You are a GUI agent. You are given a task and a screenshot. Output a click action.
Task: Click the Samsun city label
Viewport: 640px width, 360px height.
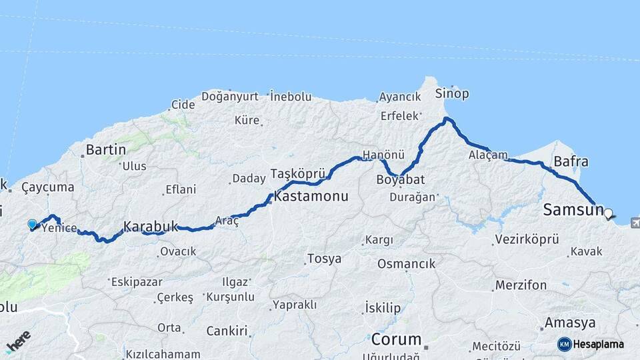572,209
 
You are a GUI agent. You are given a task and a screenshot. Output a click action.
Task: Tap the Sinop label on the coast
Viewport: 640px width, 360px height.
452,93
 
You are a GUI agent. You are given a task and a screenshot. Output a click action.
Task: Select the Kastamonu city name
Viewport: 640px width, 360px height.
311,197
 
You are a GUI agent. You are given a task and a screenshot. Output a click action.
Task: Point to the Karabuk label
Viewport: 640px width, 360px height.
151,227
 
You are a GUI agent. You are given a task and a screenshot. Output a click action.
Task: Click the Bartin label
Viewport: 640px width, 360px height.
106,149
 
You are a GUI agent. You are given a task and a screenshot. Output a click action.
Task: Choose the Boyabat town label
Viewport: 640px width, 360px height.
400,180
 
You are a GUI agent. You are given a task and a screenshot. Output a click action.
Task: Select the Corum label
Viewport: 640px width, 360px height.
396,339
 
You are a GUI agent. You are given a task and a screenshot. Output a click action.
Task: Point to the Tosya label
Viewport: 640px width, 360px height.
324,259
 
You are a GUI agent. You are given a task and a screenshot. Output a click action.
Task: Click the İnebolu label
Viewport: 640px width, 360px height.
291,97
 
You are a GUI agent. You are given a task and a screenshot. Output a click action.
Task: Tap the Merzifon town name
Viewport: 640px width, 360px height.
521,285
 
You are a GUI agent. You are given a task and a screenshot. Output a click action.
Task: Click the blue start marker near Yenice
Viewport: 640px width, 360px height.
32,225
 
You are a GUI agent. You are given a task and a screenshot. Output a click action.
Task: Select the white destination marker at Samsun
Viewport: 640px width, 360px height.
608,214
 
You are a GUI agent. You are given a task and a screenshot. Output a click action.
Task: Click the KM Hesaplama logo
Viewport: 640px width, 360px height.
591,344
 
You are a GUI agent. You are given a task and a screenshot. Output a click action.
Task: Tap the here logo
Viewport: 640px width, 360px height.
18,342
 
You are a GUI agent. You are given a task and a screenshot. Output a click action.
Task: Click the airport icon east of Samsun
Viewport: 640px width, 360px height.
633,222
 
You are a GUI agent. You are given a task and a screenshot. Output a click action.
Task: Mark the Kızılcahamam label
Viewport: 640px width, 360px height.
163,354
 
